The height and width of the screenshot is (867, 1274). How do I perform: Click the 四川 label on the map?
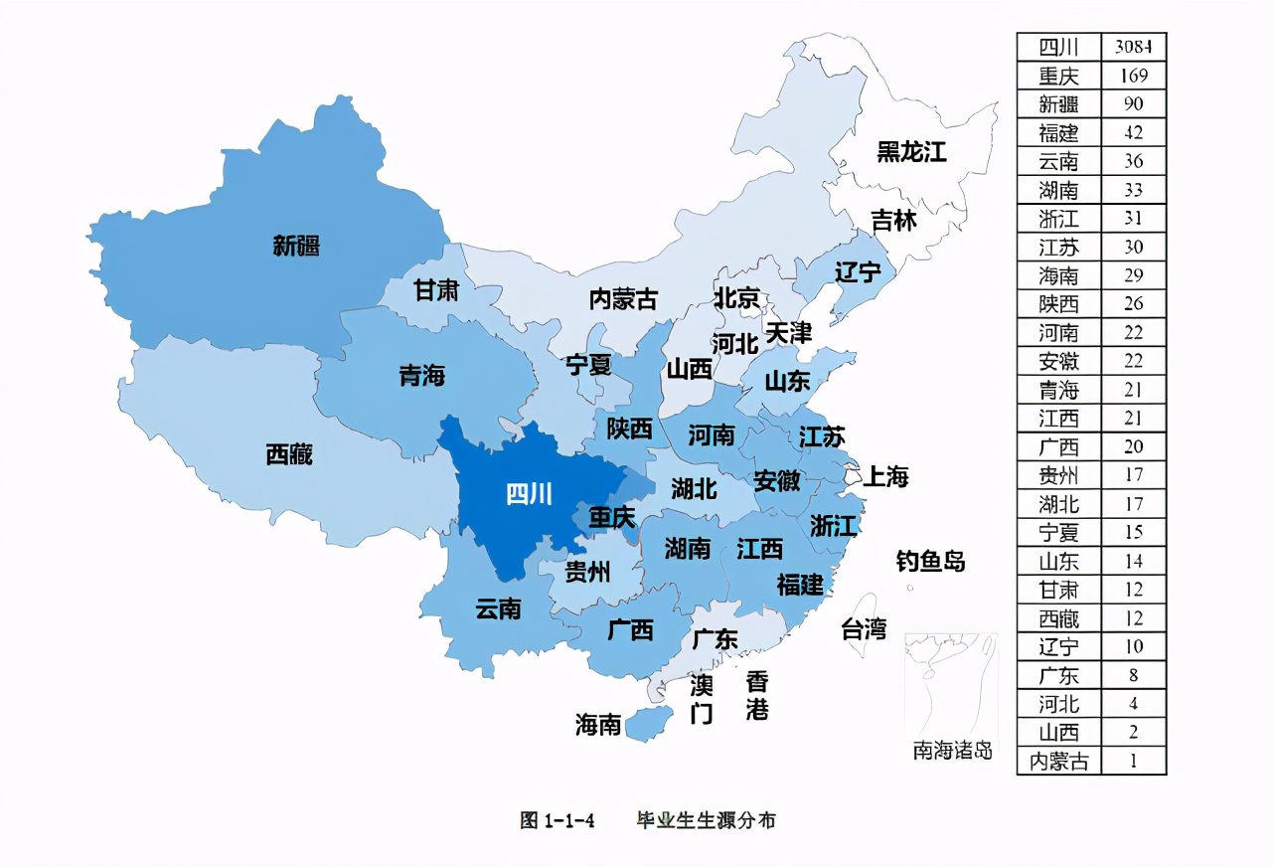coord(529,493)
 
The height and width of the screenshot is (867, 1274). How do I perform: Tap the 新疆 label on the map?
coord(296,246)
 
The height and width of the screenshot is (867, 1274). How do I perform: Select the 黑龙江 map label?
coord(911,152)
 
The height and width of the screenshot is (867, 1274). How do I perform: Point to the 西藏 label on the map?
coord(289,454)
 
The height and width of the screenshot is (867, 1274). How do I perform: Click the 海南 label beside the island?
coord(598,725)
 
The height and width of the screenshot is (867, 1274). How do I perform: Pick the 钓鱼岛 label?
coord(930,561)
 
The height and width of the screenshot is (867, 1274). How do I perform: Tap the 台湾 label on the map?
coord(864,628)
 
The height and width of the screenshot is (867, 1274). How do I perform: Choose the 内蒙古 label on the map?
coord(623,298)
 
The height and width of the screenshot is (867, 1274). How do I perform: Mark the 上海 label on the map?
coord(884,476)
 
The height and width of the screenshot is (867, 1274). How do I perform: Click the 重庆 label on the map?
coord(611,518)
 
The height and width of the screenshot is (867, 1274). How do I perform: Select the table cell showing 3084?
coord(1133,47)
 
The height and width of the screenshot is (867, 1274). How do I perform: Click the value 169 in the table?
coord(1133,76)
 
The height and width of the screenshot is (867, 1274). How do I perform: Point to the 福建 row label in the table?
coord(1058,132)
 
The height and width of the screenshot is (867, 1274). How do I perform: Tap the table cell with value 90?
coord(1133,104)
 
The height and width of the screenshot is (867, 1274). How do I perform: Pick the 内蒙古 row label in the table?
coord(1058,762)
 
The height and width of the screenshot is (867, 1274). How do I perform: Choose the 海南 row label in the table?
coord(1058,275)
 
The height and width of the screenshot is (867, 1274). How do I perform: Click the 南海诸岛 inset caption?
coord(952,751)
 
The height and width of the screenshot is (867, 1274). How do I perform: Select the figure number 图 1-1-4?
coord(557,820)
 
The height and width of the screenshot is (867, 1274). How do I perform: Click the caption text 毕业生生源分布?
coord(707,820)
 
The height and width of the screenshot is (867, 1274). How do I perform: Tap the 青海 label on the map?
coord(422,376)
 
